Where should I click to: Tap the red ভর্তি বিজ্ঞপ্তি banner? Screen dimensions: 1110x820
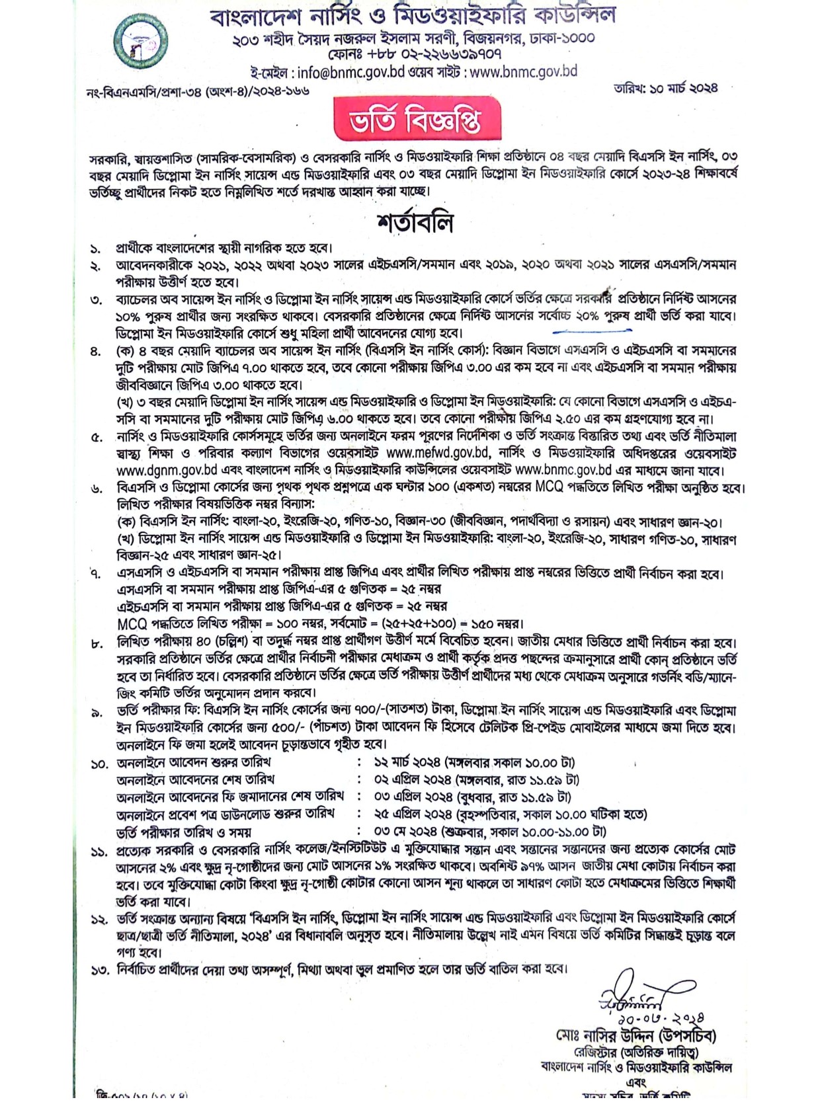[417, 120]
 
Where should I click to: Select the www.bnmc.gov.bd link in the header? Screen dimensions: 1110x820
[523, 71]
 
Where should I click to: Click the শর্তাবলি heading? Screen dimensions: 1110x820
[415, 223]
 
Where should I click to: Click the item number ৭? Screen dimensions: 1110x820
[97, 574]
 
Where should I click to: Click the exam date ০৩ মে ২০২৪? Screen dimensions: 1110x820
[404, 832]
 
